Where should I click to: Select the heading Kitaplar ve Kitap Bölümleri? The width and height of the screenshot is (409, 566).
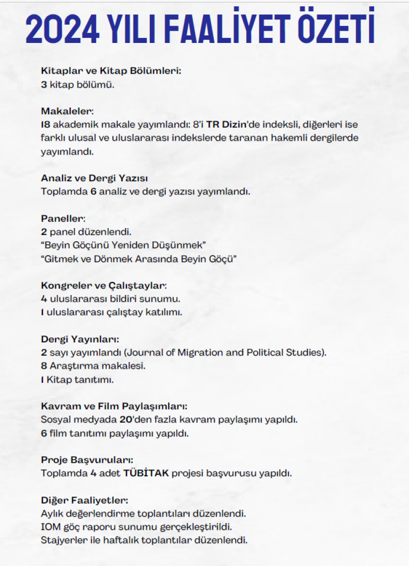(x=111, y=72)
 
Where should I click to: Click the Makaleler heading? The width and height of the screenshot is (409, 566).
(x=67, y=111)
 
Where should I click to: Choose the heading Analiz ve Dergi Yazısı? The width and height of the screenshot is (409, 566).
(x=94, y=178)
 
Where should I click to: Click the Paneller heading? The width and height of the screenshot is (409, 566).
(x=63, y=218)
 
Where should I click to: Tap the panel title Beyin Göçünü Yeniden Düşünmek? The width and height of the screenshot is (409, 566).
(x=123, y=245)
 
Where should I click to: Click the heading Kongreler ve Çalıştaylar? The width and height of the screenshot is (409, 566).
(x=104, y=285)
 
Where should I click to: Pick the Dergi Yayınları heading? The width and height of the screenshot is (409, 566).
(x=80, y=339)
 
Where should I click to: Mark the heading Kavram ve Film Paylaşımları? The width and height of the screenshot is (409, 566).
(x=114, y=406)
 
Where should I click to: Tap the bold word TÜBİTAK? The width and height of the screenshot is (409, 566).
(x=146, y=473)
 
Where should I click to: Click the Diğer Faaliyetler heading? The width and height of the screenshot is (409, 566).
(x=84, y=500)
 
